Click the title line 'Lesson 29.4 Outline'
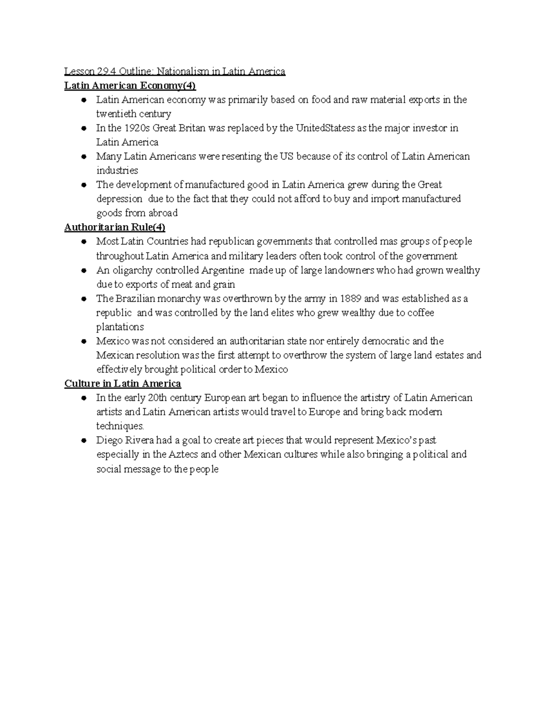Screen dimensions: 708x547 point(175,72)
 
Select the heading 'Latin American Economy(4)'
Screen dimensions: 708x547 point(130,86)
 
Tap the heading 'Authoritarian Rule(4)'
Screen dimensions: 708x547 point(114,227)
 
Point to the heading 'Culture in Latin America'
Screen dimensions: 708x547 point(123,383)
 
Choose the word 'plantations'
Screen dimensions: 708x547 point(120,327)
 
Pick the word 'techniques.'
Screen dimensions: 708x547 point(120,426)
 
